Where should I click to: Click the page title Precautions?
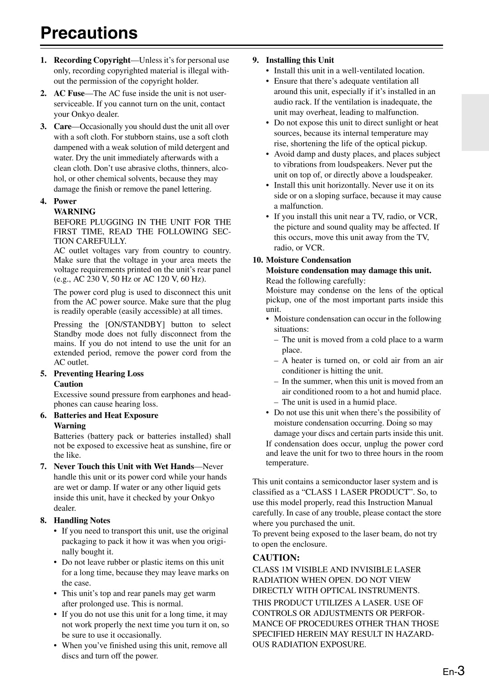coord(89,33)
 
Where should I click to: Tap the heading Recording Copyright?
coord(92,60)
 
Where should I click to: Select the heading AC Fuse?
coord(69,93)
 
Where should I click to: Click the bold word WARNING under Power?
coord(75,211)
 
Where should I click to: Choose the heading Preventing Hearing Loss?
coord(99,374)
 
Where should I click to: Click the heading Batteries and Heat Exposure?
coord(106,415)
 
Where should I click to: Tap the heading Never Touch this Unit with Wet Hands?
coord(124,466)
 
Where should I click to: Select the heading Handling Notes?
coord(82,520)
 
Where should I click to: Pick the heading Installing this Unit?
coord(300,60)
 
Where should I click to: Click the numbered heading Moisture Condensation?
coord(308,260)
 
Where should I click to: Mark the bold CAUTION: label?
coord(276,558)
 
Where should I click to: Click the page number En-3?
coord(454,671)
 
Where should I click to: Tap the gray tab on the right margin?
coord(475,122)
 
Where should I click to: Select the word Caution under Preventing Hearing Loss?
coord(68,384)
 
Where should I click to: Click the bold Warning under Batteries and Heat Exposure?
coord(70,426)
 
